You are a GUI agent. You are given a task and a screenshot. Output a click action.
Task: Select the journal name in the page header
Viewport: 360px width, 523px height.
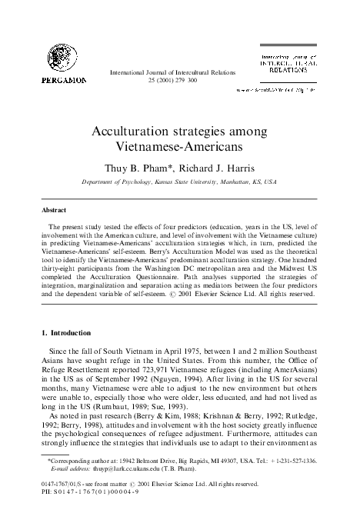pyautogui.click(x=176, y=72)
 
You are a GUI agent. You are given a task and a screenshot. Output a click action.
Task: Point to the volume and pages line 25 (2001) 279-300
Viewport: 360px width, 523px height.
pyautogui.click(x=176, y=80)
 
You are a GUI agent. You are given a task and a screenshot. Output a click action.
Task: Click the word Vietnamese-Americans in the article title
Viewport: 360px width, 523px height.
pyautogui.click(x=180, y=144)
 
